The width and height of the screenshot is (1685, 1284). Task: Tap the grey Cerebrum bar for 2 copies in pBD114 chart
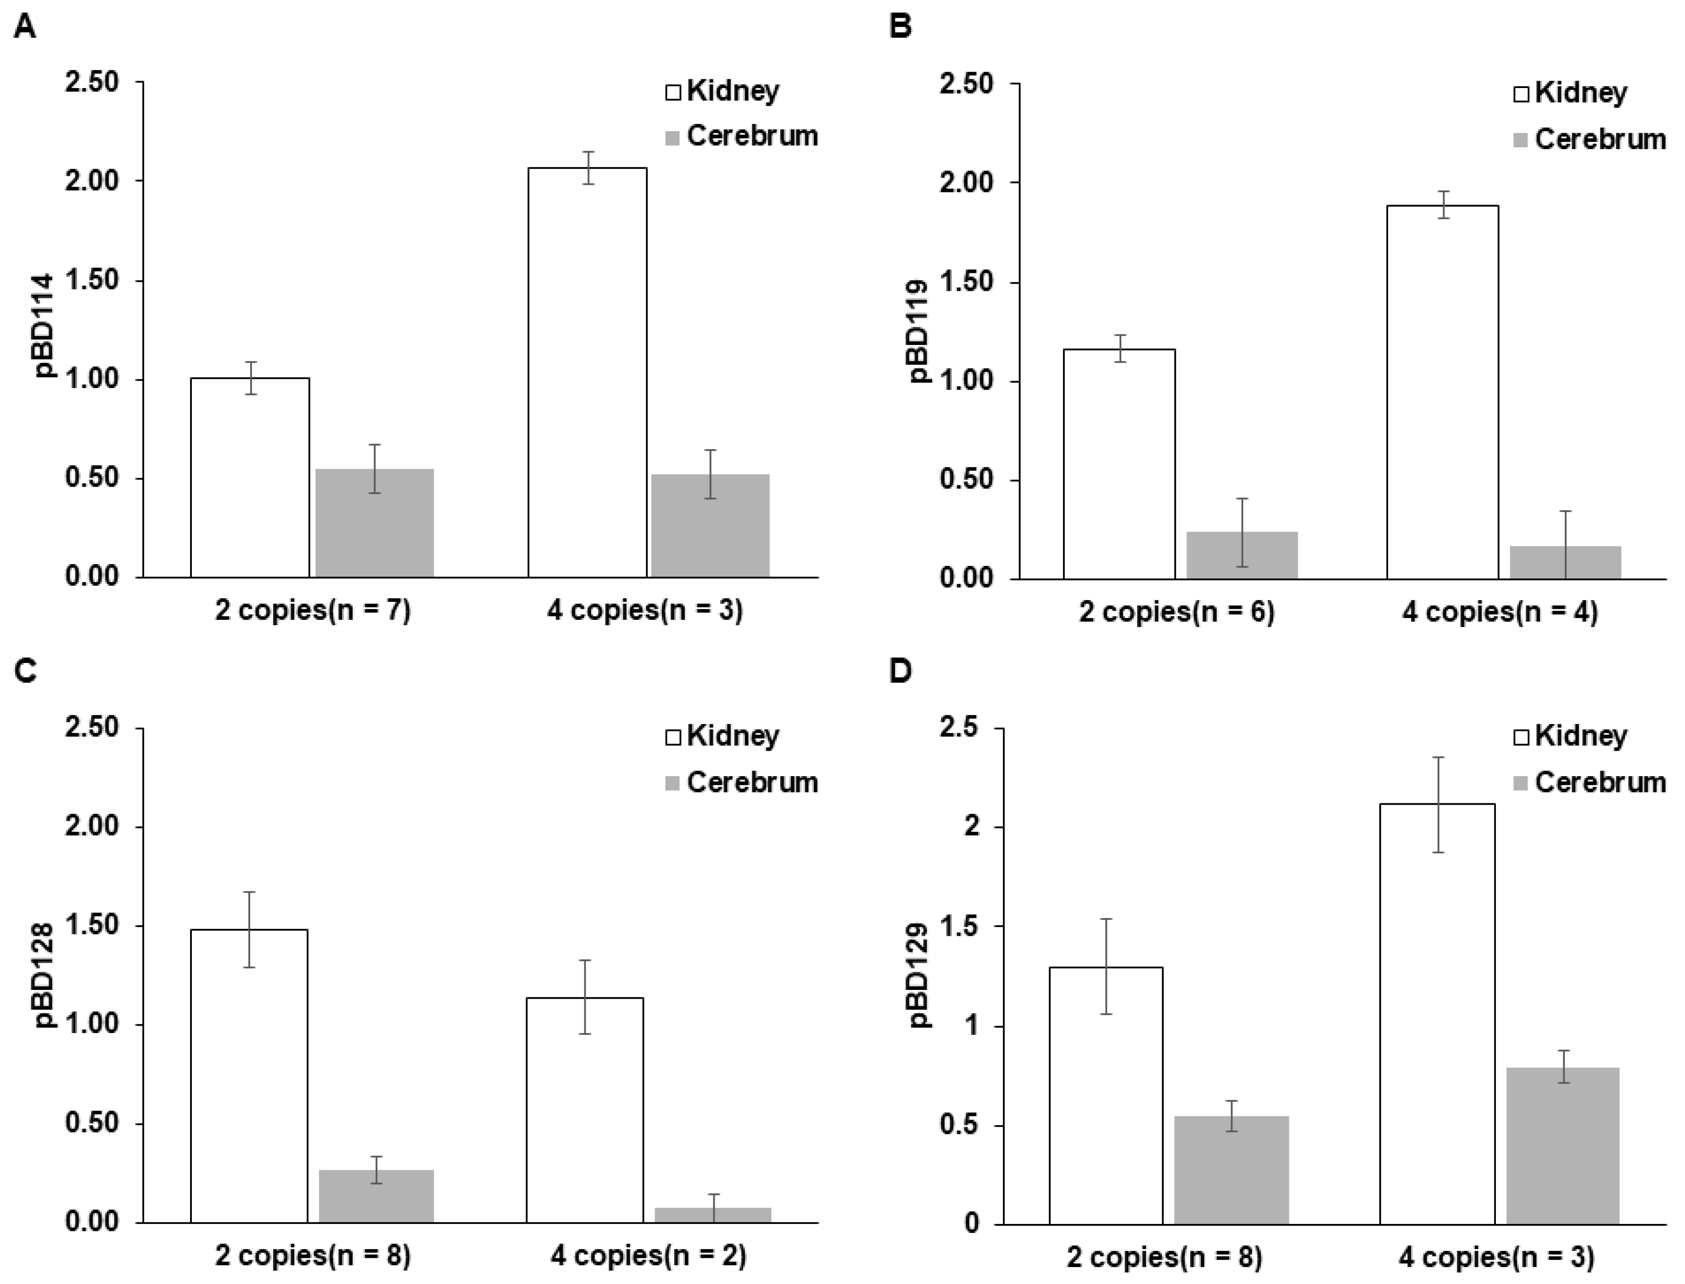[x=375, y=523]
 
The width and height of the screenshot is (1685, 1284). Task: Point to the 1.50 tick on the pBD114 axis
[x=92, y=280]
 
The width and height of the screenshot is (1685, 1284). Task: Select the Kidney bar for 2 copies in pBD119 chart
[x=1119, y=464]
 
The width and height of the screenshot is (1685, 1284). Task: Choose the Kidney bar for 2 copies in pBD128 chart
[x=249, y=1076]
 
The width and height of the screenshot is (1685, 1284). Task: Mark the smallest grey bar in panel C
[x=712, y=1214]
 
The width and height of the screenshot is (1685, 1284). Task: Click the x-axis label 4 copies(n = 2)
[x=648, y=1256]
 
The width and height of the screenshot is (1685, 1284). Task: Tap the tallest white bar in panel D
[x=1437, y=1013]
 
